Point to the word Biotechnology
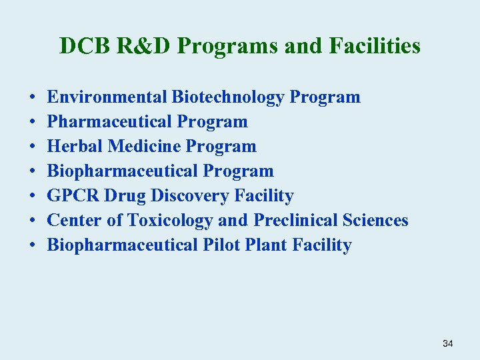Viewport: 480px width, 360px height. (228, 97)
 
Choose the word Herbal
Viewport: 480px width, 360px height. (75, 147)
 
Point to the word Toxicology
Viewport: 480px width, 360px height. (170, 221)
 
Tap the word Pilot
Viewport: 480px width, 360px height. (220, 245)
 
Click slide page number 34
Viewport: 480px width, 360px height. (447, 343)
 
